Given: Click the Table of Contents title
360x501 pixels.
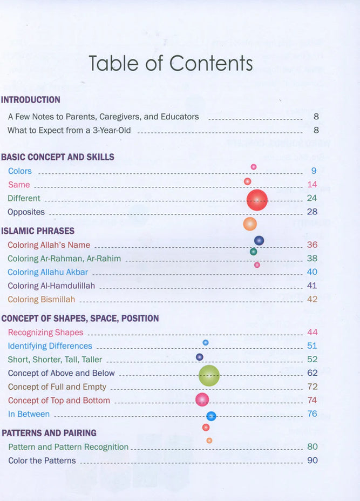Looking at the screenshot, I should click(171, 63).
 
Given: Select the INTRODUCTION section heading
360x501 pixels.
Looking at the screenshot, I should click(31, 100).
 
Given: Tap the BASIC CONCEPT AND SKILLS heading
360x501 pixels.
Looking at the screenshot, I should click(58, 157).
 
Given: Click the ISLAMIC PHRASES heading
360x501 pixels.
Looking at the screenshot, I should click(38, 231).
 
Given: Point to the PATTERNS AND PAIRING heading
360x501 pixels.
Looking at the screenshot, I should click(49, 433).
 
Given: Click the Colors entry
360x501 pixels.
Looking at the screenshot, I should click(20, 171).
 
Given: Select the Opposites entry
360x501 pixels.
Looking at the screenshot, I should click(26, 212).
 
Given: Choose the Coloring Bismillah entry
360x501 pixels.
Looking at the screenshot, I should click(42, 299).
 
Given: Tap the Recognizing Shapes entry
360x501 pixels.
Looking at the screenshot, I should click(46, 333).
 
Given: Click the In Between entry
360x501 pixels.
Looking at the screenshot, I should click(29, 414).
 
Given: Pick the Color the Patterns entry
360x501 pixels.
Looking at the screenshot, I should click(42, 461).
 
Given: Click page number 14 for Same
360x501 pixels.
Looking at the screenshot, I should click(312, 185).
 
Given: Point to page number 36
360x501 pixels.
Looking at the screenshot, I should click(312, 245).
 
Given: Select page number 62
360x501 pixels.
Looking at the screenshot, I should click(312, 373).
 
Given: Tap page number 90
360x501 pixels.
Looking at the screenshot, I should click(312, 461).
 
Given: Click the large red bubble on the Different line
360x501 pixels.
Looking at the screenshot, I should click(257, 200).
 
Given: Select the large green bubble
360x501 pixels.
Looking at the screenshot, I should click(209, 376).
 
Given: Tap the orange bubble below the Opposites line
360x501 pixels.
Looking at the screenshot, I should click(250, 224).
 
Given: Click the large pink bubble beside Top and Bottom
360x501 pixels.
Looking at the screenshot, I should click(202, 400).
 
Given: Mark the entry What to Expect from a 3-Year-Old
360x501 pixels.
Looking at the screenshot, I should click(69, 130).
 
